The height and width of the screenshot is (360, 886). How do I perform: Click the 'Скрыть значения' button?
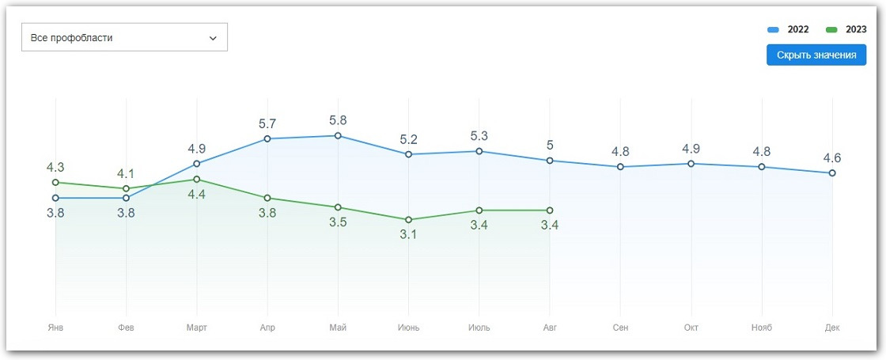[x=816, y=55]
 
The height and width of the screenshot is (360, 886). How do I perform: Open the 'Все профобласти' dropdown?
[x=124, y=37]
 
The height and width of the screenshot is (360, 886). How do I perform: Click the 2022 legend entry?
[x=789, y=29]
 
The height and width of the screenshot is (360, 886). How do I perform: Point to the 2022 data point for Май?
[x=338, y=135]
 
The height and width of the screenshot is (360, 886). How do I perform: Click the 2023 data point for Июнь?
[x=408, y=220]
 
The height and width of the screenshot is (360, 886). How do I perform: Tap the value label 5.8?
[x=338, y=121]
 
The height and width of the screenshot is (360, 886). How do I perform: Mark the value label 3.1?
[x=408, y=234]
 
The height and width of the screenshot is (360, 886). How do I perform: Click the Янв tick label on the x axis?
[x=55, y=328]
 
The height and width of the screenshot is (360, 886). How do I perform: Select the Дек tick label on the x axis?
[x=832, y=328]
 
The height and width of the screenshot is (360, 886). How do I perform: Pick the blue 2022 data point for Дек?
[x=832, y=172]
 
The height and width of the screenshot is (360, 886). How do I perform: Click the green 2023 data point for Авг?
[x=550, y=210]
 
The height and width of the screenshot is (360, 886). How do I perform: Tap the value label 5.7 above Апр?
[x=267, y=124]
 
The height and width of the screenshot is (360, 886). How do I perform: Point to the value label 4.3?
[x=55, y=168]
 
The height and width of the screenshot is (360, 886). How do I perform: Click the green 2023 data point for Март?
[x=197, y=180]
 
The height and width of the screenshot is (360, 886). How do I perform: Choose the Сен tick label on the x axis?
[x=620, y=328]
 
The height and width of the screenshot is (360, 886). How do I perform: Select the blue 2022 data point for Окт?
[x=691, y=164]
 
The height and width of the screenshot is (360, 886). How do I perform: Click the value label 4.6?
[x=832, y=157]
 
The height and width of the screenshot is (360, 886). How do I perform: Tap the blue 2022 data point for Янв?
[x=55, y=198]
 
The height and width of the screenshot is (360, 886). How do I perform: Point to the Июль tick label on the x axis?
[x=479, y=328]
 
